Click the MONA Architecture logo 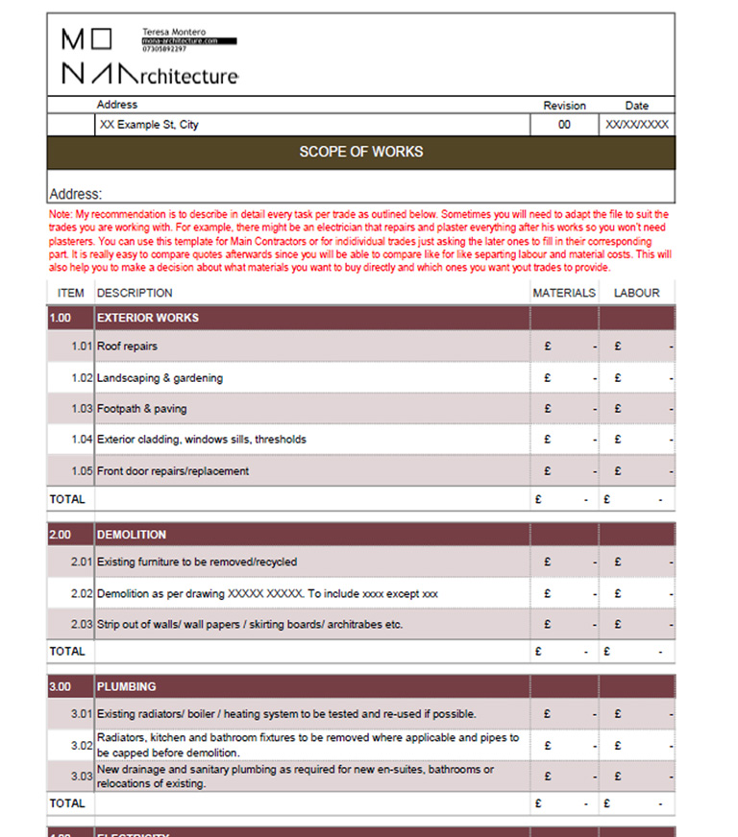point(149,58)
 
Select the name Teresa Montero point(174,32)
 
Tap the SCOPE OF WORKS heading point(360,152)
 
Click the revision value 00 point(564,125)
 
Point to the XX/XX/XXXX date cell point(636,125)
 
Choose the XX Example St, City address point(148,125)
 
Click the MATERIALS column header point(563,293)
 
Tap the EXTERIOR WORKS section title point(148,318)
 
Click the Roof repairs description point(127,347)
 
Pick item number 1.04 point(82,440)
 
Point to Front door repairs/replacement point(173,471)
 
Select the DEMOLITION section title point(132,535)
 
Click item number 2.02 point(82,594)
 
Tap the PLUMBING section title point(126,687)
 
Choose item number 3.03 point(82,776)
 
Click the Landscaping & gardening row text point(160,378)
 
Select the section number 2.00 point(61,535)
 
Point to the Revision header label point(564,106)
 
